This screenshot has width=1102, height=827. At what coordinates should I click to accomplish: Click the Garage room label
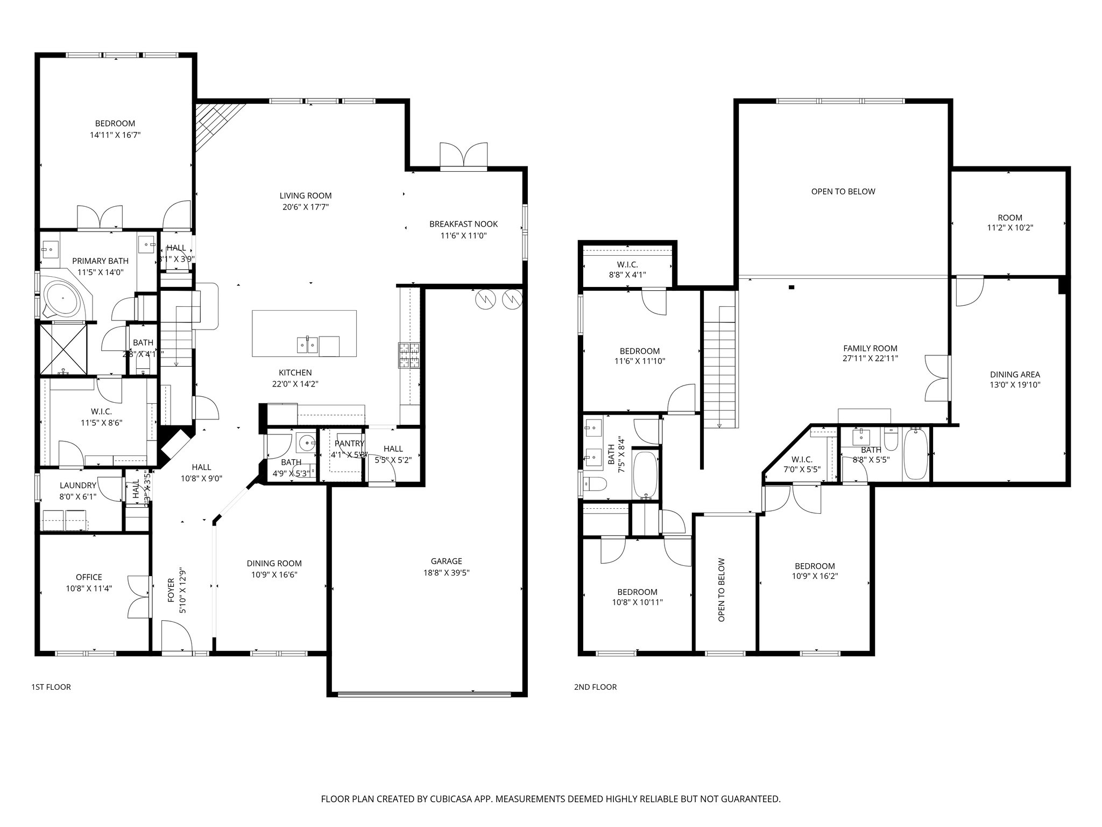446,561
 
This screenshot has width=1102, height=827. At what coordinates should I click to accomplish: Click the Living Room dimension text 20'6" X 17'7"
305,207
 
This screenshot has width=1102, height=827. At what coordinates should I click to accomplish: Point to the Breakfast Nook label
463,224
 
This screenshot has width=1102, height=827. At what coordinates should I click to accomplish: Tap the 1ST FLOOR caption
51,687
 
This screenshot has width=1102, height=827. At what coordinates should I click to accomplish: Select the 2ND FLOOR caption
595,687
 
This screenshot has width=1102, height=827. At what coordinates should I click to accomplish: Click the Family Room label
870,348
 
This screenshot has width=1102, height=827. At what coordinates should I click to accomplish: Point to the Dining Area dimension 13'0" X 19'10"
1015,385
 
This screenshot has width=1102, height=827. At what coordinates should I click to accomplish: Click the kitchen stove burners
408,355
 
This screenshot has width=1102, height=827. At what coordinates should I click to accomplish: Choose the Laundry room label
78,486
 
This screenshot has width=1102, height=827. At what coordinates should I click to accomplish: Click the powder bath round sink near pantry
307,443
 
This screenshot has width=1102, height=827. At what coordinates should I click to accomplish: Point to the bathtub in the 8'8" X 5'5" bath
915,453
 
